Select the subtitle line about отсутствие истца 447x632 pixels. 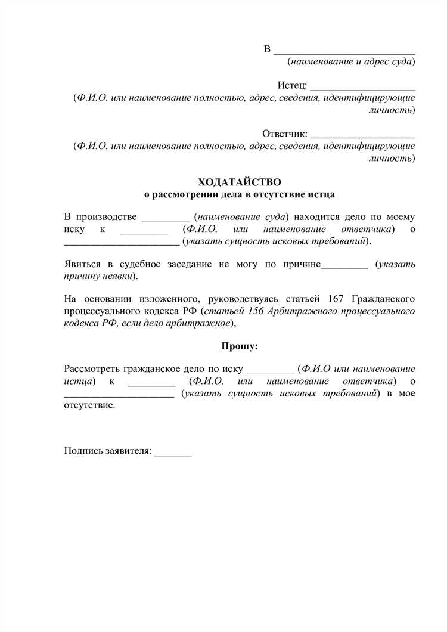coord(240,194)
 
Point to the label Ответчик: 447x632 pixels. coord(284,133)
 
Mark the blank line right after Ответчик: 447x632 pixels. coord(363,136)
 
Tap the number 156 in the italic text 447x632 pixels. coord(250,311)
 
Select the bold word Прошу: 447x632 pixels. coord(240,346)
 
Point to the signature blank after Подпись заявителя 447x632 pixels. coord(173,453)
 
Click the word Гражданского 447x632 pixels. coord(384,298)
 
